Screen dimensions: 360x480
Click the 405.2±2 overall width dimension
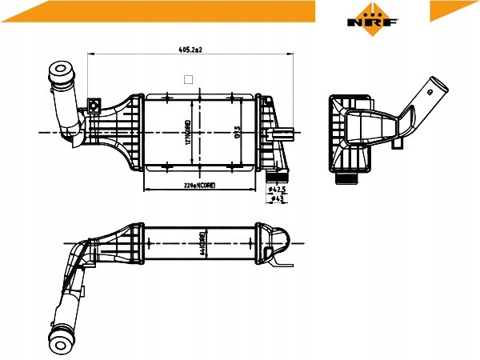pos(190,50)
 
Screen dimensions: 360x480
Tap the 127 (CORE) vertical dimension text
pos(188,133)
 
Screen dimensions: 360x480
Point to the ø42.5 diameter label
pos(278,190)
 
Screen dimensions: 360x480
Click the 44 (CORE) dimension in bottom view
pos(204,242)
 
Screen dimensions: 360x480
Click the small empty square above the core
pos(189,78)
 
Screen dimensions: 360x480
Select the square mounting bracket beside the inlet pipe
pos(94,105)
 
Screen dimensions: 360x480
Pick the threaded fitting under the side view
pos(346,178)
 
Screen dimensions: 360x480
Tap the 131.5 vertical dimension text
pos(238,132)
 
